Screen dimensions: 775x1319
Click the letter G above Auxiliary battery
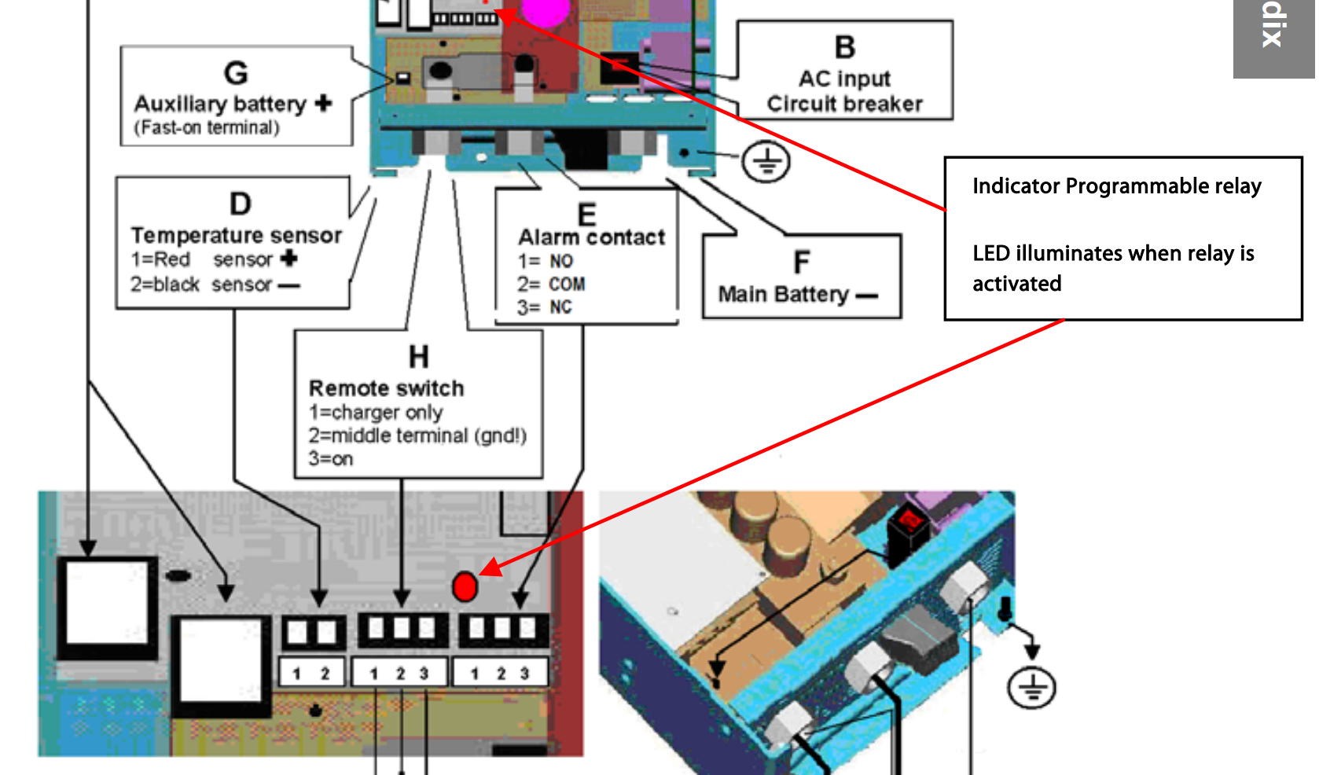click(236, 73)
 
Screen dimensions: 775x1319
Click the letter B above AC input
click(845, 47)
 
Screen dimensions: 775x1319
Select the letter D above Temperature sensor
click(241, 204)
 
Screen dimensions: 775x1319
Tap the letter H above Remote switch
click(418, 357)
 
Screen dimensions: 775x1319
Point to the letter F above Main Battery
click(801, 263)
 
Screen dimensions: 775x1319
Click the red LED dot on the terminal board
click(465, 586)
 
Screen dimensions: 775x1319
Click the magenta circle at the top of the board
click(546, 9)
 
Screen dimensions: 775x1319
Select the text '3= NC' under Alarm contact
click(544, 307)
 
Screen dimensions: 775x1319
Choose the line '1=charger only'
click(376, 412)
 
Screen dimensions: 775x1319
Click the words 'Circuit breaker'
click(844, 104)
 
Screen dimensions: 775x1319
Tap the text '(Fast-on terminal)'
click(206, 127)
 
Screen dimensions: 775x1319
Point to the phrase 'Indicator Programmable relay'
click(1116, 186)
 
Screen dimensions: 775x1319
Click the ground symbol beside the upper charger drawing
click(766, 163)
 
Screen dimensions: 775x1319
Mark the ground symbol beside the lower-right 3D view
click(1031, 688)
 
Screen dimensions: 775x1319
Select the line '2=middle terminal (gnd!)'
click(417, 435)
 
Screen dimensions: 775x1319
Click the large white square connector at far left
click(107, 606)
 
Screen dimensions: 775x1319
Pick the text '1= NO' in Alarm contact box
click(545, 261)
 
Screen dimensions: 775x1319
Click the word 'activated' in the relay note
click(1016, 284)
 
